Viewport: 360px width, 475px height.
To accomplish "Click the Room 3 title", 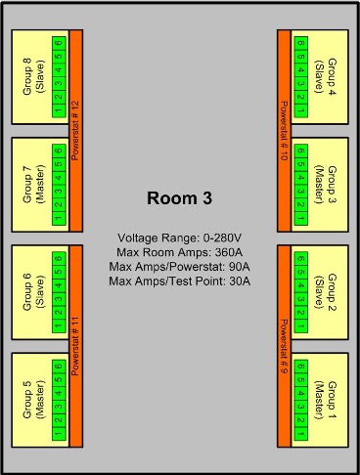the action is [x=179, y=198].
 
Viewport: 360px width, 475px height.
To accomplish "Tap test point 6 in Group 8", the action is [x=59, y=43].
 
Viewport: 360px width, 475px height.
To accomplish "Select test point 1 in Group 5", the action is [x=59, y=434].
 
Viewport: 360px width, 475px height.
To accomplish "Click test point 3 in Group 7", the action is [x=59, y=192].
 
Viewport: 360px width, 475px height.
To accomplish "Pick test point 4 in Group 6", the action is [x=59, y=285].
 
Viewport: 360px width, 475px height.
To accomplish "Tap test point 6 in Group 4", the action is [x=301, y=43].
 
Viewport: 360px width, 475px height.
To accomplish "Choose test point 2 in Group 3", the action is [x=301, y=204].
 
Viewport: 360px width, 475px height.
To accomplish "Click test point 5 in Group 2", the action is [x=301, y=272].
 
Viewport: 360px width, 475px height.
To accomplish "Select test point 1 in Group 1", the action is [x=301, y=434].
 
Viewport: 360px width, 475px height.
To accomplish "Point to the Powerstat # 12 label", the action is [x=75, y=131].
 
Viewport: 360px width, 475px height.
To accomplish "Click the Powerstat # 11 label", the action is [x=75, y=346].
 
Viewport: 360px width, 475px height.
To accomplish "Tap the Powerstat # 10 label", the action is [x=284, y=131].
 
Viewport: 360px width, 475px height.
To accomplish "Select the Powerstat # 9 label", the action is [x=284, y=346].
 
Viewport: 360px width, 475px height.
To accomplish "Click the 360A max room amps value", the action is [x=229, y=252].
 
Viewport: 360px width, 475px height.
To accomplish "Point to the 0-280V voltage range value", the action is [x=222, y=238].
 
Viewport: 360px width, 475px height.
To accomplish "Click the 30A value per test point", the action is [x=240, y=281].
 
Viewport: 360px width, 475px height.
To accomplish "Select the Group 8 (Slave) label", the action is [x=33, y=76].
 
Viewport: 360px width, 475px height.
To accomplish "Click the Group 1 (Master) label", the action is [x=325, y=400].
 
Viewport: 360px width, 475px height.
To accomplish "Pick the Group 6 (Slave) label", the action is [x=33, y=292].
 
